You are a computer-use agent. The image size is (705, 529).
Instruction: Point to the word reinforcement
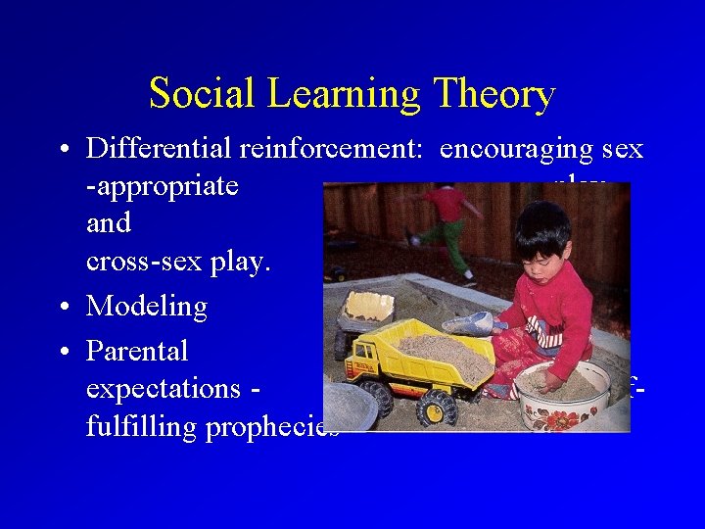pos(333,148)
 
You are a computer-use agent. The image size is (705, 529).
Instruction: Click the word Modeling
pos(147,307)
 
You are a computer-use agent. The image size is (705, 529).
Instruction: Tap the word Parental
pos(137,350)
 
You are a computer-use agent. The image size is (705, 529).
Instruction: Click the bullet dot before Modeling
pos(63,308)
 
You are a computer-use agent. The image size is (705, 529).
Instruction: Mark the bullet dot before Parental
pos(63,351)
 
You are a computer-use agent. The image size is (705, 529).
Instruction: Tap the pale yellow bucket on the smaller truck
pos(369,306)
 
